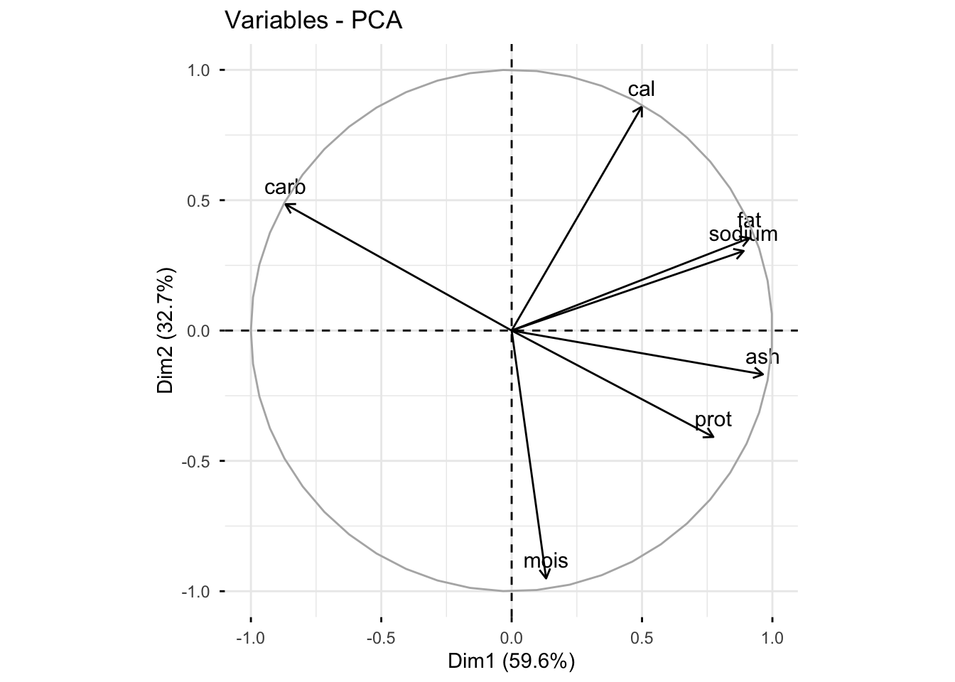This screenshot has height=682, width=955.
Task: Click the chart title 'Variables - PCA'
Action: pos(313,21)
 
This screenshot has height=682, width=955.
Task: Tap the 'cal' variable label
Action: pos(642,89)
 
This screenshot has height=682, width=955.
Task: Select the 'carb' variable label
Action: pos(285,188)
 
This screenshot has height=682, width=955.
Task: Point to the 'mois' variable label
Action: pos(546,561)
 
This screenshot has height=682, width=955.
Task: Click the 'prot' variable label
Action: pos(713,419)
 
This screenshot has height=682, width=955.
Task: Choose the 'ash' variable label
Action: pos(762,357)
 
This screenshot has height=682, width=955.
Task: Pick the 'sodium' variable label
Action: pos(743,234)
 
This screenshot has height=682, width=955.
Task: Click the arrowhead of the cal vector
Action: pos(642,107)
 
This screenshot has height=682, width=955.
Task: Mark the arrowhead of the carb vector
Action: pos(285,205)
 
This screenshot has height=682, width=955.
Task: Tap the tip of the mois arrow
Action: pos(546,578)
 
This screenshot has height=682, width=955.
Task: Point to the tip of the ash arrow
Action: pos(763,374)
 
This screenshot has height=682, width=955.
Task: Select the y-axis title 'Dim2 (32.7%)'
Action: pos(166,331)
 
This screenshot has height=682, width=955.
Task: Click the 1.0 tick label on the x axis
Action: pos(772,638)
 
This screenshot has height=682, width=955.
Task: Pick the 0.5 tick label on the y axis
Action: pos(200,200)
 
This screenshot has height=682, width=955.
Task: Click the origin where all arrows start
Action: pos(512,330)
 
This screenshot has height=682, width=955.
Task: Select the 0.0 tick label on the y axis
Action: pos(200,331)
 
